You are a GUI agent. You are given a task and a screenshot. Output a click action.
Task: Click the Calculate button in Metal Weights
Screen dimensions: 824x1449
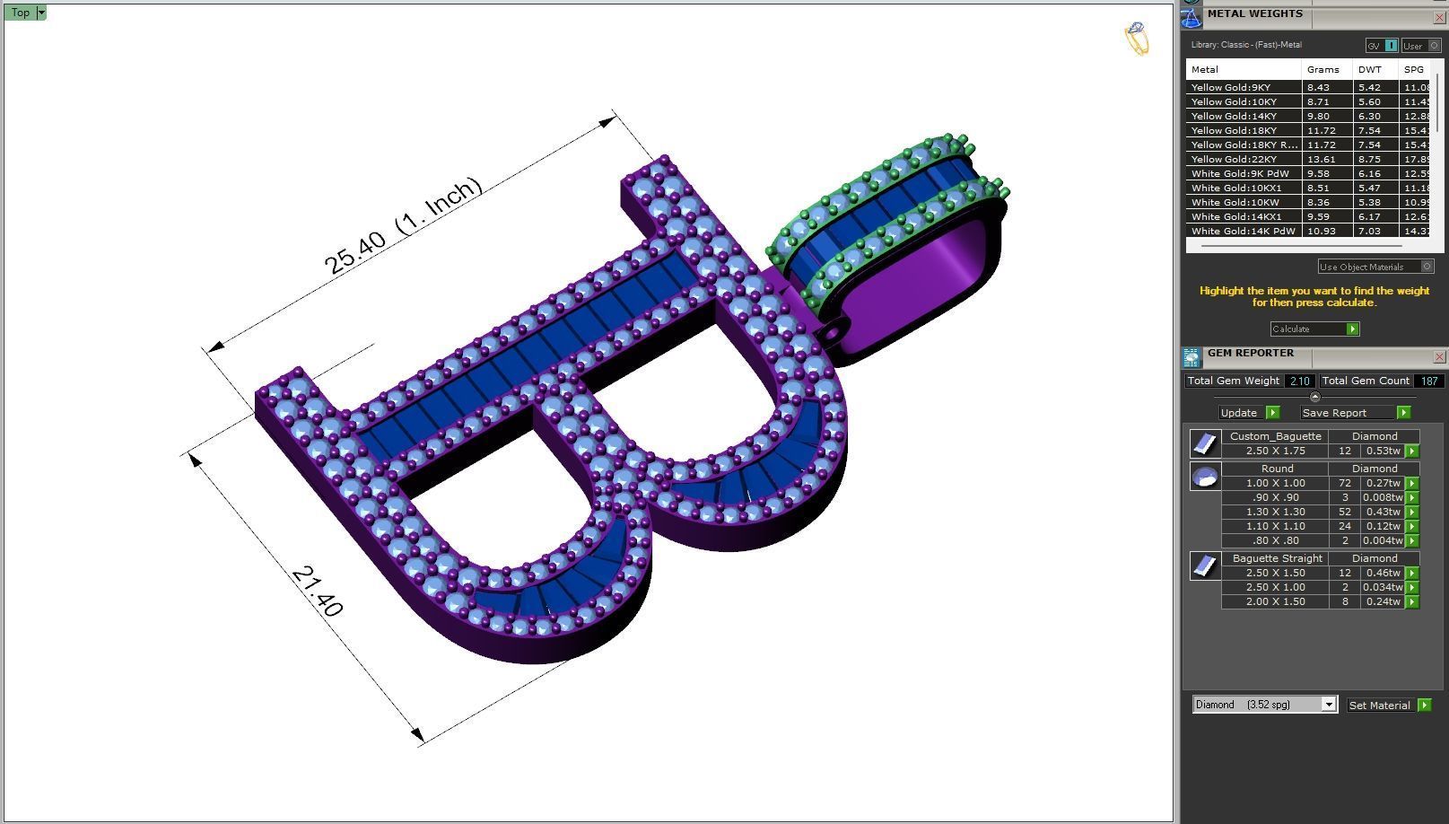click(x=1314, y=329)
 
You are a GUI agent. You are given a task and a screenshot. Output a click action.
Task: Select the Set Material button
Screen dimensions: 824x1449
click(x=1388, y=706)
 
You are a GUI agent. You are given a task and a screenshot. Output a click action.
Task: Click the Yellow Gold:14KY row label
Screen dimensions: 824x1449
click(x=1234, y=116)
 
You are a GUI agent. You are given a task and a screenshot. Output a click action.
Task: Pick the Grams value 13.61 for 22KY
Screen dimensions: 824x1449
click(x=1321, y=159)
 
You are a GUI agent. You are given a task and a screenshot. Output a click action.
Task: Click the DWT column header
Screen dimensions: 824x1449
click(x=1370, y=69)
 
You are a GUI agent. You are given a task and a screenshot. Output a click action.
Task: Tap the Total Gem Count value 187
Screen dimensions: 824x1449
click(x=1428, y=381)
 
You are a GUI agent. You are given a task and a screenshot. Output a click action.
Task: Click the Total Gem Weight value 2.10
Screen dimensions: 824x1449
click(x=1298, y=381)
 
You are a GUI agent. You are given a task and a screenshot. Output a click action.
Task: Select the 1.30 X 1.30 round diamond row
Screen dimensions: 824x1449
click(x=1275, y=512)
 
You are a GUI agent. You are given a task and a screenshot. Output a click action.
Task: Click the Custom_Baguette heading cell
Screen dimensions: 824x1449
click(x=1275, y=436)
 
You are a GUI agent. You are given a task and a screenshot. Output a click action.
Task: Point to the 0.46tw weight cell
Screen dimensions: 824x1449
click(x=1383, y=573)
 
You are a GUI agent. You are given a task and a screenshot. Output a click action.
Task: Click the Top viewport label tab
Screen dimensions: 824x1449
click(x=20, y=13)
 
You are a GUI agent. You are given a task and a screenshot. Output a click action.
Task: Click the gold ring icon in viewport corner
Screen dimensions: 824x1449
click(x=1137, y=39)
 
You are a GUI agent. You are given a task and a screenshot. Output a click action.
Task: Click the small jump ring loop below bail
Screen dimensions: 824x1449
click(x=832, y=333)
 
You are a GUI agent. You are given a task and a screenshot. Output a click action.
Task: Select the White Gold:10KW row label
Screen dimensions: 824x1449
click(x=1235, y=202)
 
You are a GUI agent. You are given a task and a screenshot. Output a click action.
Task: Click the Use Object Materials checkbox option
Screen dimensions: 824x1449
click(x=1427, y=267)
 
